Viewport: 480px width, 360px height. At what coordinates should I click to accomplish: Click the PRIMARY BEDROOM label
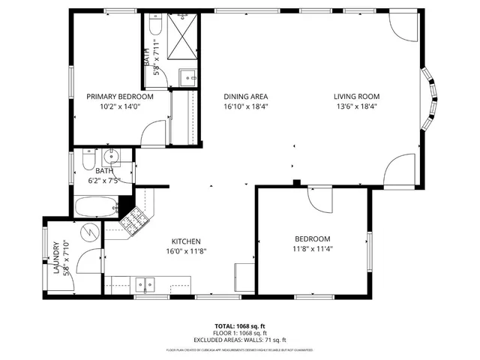pyautogui.click(x=119, y=97)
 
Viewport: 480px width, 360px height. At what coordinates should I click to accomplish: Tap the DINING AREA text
pyautogui.click(x=246, y=97)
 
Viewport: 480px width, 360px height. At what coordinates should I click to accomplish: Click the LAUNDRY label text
pyautogui.click(x=57, y=257)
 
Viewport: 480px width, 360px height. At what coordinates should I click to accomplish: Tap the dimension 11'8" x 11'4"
pyautogui.click(x=312, y=250)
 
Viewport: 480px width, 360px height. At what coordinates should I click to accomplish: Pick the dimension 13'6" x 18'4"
pyautogui.click(x=356, y=106)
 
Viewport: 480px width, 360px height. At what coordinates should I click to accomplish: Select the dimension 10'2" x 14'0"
pyautogui.click(x=119, y=106)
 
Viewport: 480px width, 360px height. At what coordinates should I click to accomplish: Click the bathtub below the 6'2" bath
pyautogui.click(x=95, y=205)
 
